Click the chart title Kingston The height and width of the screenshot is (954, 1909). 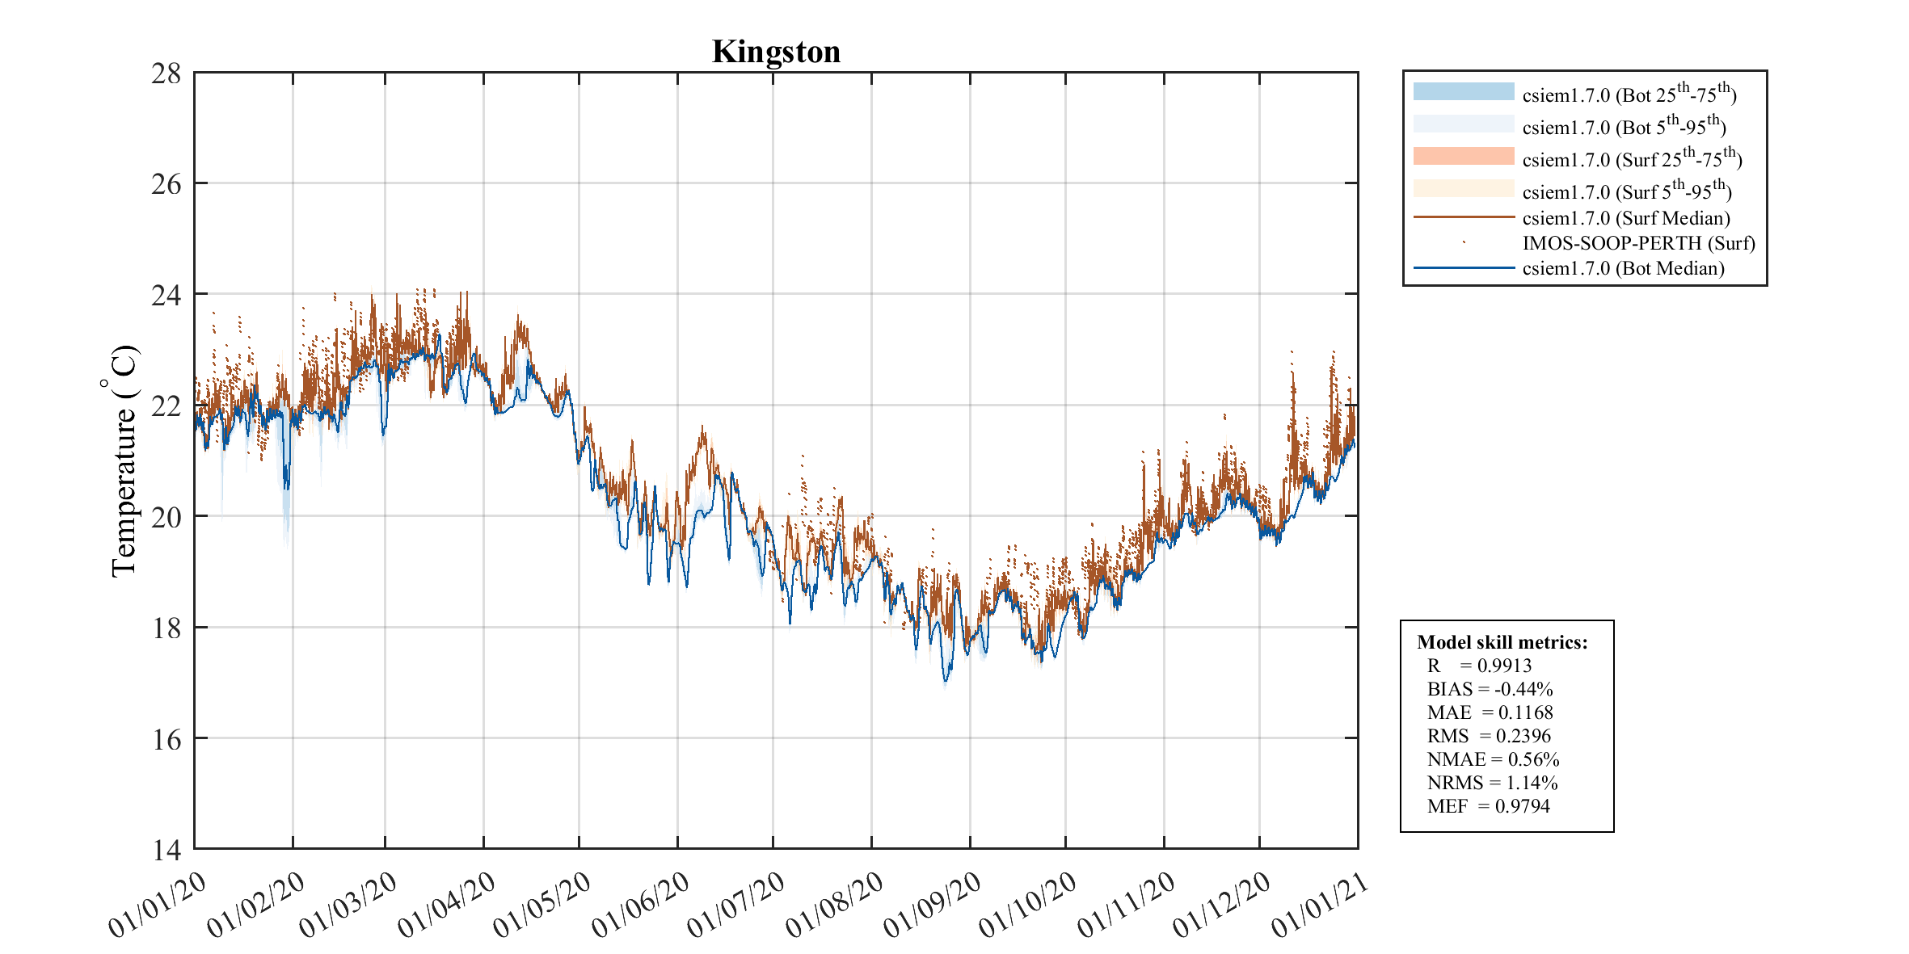(776, 53)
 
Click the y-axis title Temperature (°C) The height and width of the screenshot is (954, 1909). (123, 460)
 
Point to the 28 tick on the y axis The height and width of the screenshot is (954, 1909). (166, 74)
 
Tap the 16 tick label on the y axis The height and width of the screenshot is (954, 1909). (166, 739)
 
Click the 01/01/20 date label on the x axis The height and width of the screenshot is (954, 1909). (158, 906)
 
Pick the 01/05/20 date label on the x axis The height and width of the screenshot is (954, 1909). (542, 906)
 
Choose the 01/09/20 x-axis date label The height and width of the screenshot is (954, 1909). (932, 906)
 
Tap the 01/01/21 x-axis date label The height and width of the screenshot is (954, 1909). (1321, 906)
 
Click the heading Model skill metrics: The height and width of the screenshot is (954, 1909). (1502, 642)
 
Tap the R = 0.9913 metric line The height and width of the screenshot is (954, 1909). (1479, 666)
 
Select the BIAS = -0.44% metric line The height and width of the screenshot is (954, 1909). (1490, 689)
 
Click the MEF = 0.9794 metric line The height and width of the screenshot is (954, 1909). (1488, 806)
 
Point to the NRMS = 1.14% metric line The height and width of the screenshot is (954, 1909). (1492, 783)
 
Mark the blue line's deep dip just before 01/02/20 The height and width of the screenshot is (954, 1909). (285, 487)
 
